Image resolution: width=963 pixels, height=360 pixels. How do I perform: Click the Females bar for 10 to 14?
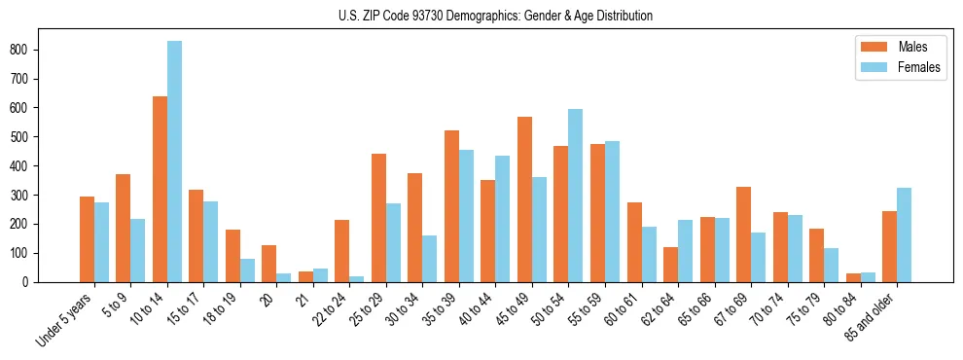(174, 162)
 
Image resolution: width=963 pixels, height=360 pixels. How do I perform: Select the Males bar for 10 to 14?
(160, 189)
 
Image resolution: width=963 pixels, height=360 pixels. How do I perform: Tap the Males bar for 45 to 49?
(524, 199)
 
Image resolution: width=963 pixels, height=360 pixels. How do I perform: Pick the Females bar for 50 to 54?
(576, 196)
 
